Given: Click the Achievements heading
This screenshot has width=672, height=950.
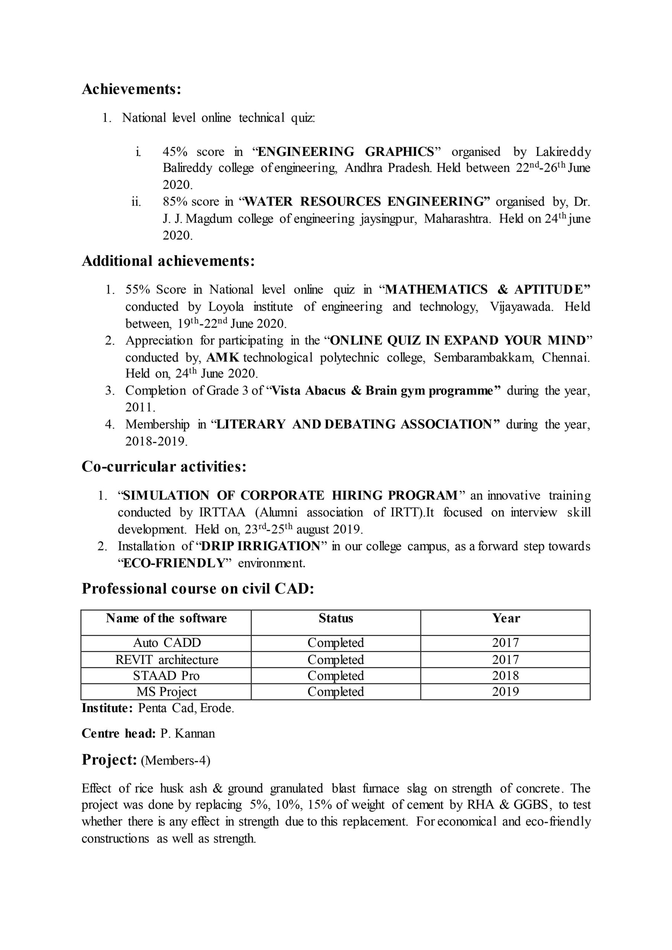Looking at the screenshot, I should [x=131, y=89].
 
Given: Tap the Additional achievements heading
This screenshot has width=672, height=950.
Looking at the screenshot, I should [x=168, y=261].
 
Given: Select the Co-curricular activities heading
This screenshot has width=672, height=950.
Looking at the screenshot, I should [x=164, y=467].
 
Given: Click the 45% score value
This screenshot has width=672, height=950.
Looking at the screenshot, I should [x=175, y=152].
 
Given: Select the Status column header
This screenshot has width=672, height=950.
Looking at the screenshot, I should [x=336, y=618].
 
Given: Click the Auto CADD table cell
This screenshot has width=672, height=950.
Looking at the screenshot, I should [x=167, y=643].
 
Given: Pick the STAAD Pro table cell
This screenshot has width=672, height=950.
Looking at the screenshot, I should [x=166, y=676].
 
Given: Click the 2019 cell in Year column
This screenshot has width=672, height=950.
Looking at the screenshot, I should [x=505, y=691].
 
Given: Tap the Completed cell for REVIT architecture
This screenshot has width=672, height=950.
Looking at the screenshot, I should [x=336, y=659].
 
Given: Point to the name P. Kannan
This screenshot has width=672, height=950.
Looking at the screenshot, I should [x=187, y=734].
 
